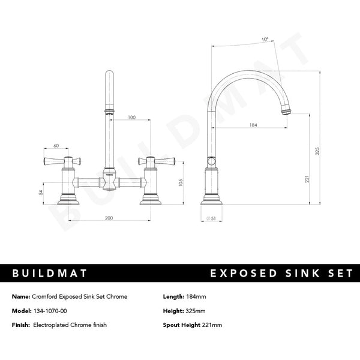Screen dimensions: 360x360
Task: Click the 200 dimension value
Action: [108, 218]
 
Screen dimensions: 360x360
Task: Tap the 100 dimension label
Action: [131, 118]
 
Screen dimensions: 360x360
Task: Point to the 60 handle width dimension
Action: [56, 146]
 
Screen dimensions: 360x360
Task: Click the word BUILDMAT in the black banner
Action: [50, 273]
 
